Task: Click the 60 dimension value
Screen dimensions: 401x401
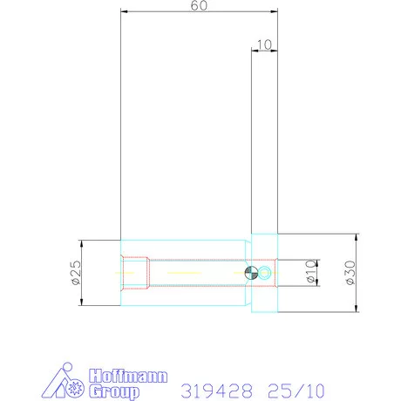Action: point(199,5)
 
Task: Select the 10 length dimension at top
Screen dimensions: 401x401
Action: point(264,44)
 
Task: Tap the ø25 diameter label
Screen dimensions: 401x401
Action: point(76,273)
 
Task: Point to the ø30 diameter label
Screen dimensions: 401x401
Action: point(350,273)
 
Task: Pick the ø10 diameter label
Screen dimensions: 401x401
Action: point(310,272)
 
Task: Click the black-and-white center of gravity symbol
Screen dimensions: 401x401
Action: point(251,273)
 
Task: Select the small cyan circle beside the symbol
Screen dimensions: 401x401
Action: point(265,273)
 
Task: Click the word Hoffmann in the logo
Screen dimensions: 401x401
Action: point(128,377)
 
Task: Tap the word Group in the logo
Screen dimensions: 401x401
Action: point(114,391)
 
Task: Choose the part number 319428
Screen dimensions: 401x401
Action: point(217,391)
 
